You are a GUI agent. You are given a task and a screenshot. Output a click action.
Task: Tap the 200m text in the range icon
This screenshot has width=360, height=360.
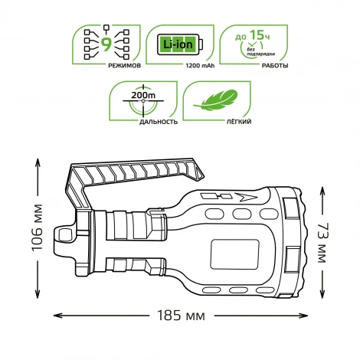click(142, 96)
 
